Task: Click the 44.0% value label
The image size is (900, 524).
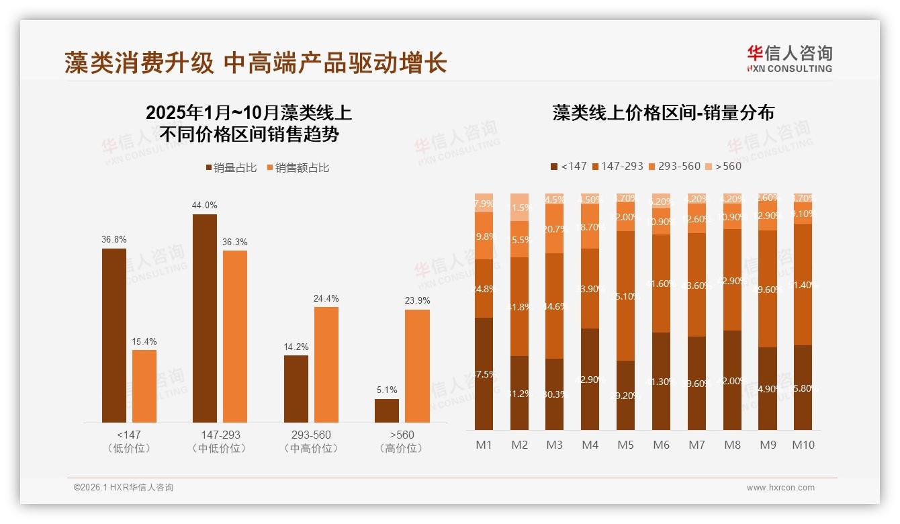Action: point(205,206)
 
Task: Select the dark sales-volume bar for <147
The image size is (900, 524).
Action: point(114,335)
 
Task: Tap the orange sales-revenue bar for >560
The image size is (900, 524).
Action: point(417,365)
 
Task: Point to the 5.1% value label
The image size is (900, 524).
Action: point(387,390)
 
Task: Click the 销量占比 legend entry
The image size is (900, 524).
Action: point(231,167)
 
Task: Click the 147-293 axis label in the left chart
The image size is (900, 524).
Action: point(220,435)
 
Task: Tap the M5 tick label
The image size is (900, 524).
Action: point(625,445)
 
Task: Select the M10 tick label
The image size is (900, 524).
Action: point(803,445)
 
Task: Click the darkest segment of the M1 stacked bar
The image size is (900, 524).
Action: point(484,374)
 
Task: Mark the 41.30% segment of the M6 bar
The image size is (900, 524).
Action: point(661,381)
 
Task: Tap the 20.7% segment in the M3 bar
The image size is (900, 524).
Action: point(554,228)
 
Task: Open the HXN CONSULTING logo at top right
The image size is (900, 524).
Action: point(789,58)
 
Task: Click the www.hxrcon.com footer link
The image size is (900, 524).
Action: point(780,488)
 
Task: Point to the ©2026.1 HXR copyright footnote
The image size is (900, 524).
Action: point(124,488)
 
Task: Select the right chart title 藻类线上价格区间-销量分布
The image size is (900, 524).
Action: point(663,112)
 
